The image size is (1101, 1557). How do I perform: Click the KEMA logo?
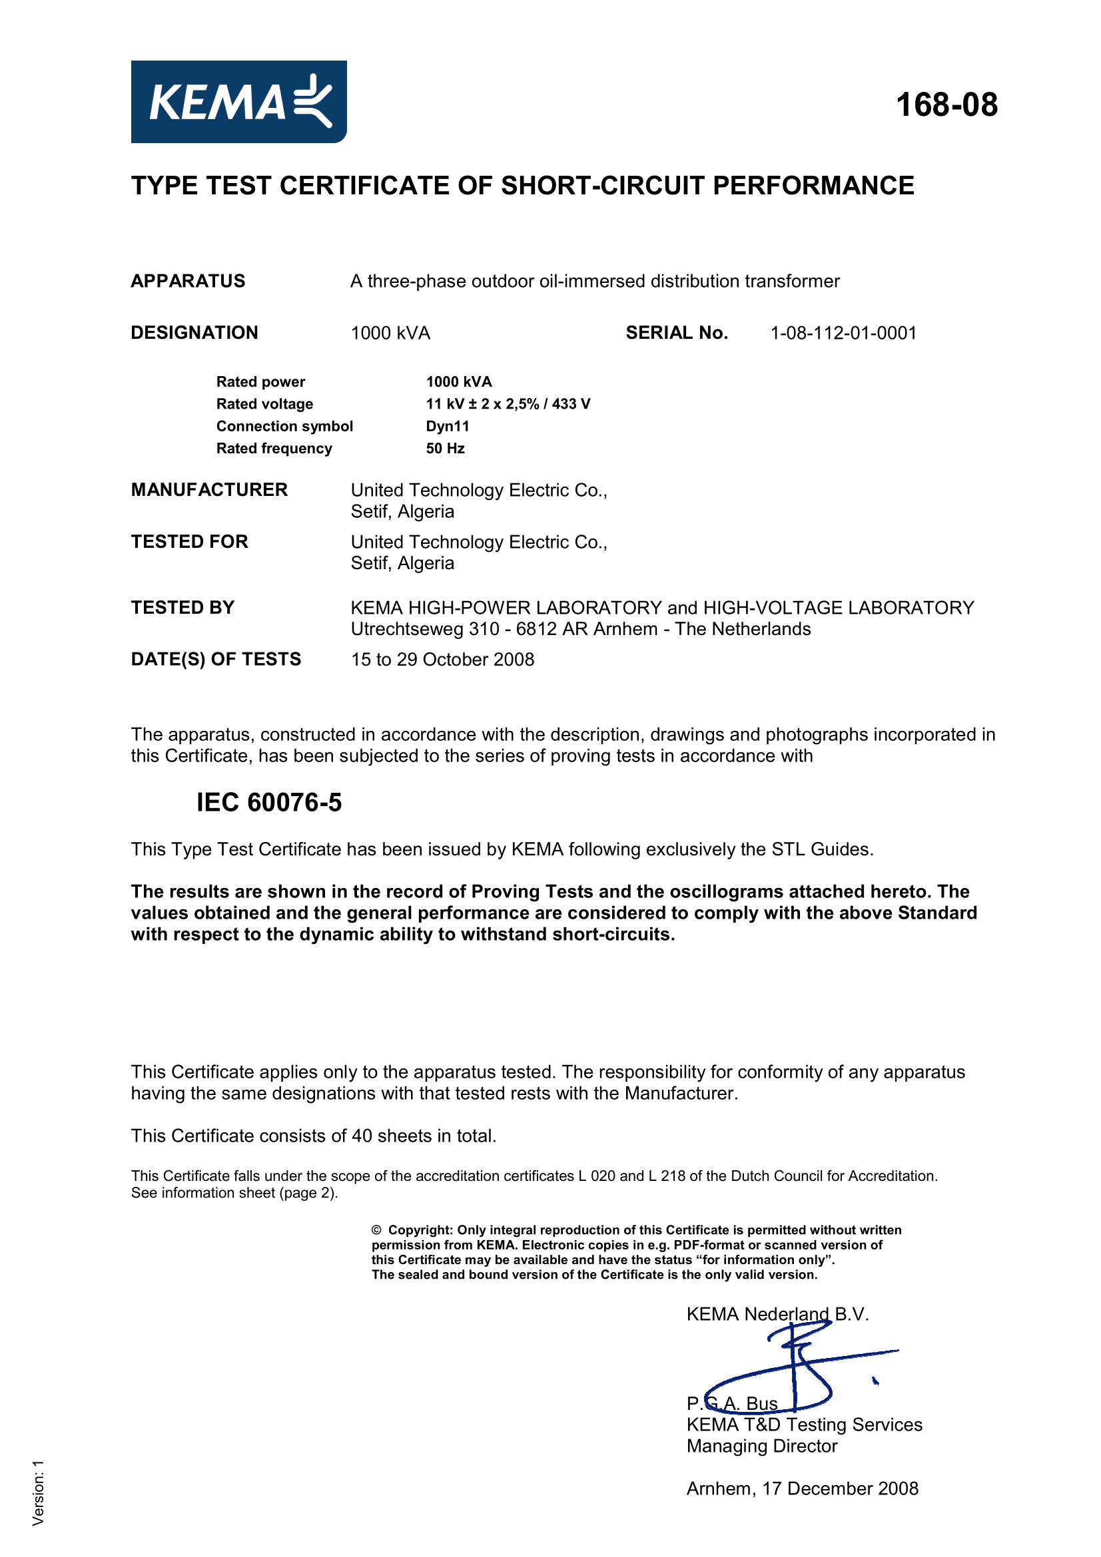click(x=239, y=102)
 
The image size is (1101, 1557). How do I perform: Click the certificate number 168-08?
click(x=946, y=105)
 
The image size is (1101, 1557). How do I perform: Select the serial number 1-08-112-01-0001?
click(x=843, y=333)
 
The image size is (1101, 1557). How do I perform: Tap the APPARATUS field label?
click(x=188, y=282)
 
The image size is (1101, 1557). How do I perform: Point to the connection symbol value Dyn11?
click(x=448, y=427)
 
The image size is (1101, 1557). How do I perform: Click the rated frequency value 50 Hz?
click(x=445, y=449)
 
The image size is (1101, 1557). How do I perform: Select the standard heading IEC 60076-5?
click(x=269, y=803)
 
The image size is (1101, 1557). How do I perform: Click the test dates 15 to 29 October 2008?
click(x=442, y=660)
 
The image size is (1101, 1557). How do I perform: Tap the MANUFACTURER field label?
click(x=209, y=491)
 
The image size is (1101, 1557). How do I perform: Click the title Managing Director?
click(x=762, y=1446)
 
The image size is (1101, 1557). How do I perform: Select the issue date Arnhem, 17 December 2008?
click(x=803, y=1488)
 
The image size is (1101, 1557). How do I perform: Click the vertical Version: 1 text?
click(x=38, y=1492)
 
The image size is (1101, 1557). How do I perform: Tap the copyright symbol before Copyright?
click(x=376, y=1230)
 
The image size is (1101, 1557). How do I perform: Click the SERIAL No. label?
click(x=676, y=333)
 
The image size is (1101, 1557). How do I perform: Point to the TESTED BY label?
click(x=183, y=608)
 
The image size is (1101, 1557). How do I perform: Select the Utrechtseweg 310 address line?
click(x=581, y=629)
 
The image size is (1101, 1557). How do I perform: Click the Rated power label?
click(x=260, y=382)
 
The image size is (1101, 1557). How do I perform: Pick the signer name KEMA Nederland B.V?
click(x=777, y=1314)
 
